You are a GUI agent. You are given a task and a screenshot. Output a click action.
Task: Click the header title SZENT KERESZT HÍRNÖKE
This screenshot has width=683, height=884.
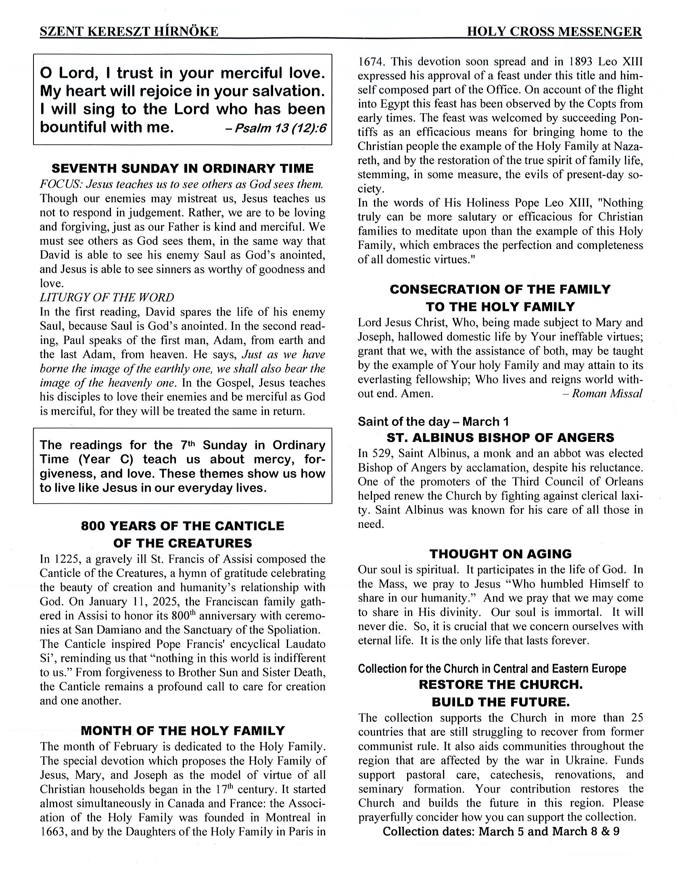129,31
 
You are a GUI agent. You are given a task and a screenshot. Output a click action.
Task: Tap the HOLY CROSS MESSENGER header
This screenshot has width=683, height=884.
554,31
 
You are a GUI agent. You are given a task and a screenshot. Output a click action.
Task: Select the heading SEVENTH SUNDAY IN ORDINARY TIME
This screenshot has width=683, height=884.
183,169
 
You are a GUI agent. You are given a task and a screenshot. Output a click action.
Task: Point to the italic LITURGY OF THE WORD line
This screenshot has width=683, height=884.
107,298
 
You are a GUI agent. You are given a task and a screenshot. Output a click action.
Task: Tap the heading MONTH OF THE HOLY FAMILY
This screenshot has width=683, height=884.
183,731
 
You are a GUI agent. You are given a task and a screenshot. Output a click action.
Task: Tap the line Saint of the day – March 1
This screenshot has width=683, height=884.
433,422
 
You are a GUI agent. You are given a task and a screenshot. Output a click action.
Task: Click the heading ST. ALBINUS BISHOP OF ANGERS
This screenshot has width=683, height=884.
500,438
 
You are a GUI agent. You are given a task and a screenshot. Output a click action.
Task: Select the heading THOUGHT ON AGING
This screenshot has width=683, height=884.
500,554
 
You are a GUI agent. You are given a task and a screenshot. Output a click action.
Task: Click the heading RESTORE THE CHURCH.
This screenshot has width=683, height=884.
500,684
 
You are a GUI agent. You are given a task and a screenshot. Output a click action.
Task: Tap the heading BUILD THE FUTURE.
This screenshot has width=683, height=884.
500,702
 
